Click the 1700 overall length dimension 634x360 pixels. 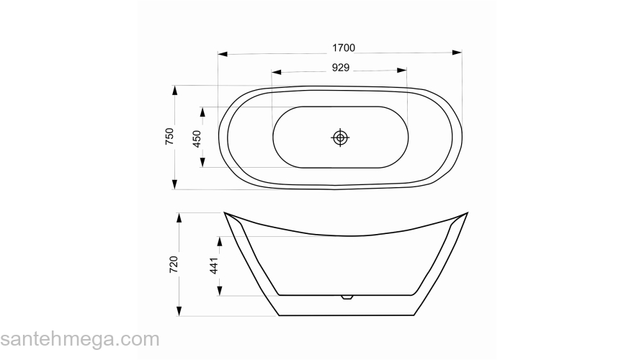coord(343,48)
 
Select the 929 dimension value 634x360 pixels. coord(341,68)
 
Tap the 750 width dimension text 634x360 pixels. coord(169,137)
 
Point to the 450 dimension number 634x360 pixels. coord(197,138)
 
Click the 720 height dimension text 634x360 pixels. coord(174,264)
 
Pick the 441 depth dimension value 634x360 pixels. coord(214,266)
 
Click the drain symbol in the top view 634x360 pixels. coord(340,138)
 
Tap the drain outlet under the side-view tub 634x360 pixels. coord(347,297)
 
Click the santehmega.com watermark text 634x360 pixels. coord(80,339)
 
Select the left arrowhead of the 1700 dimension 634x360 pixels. coord(223,54)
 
